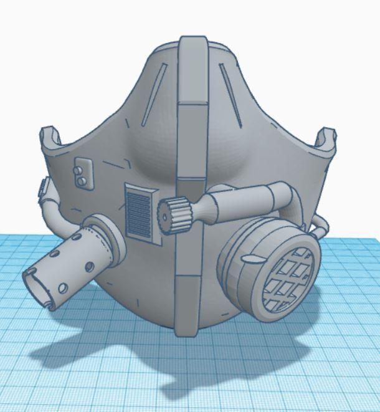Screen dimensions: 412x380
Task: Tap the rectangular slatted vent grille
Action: pos(139,211)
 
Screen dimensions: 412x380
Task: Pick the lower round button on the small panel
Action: pos(81,180)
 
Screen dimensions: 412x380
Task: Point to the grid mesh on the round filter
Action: pos(288,278)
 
